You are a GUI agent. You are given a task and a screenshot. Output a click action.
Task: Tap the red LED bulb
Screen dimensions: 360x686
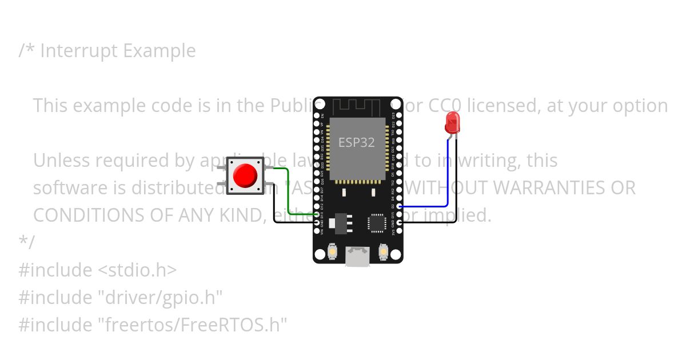pyautogui.click(x=452, y=121)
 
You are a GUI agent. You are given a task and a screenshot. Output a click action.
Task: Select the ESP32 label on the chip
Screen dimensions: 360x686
pyautogui.click(x=357, y=142)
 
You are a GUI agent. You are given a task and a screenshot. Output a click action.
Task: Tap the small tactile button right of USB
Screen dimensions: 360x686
pyautogui.click(x=384, y=251)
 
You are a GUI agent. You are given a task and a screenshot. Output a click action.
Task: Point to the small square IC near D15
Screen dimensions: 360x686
pyautogui.click(x=377, y=222)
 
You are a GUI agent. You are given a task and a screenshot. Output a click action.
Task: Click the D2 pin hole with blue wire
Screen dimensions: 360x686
pyautogui.click(x=398, y=206)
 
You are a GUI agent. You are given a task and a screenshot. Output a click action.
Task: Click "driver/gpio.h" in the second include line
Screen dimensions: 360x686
pyautogui.click(x=160, y=297)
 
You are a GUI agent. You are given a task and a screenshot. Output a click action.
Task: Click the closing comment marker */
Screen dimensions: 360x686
pyautogui.click(x=26, y=242)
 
